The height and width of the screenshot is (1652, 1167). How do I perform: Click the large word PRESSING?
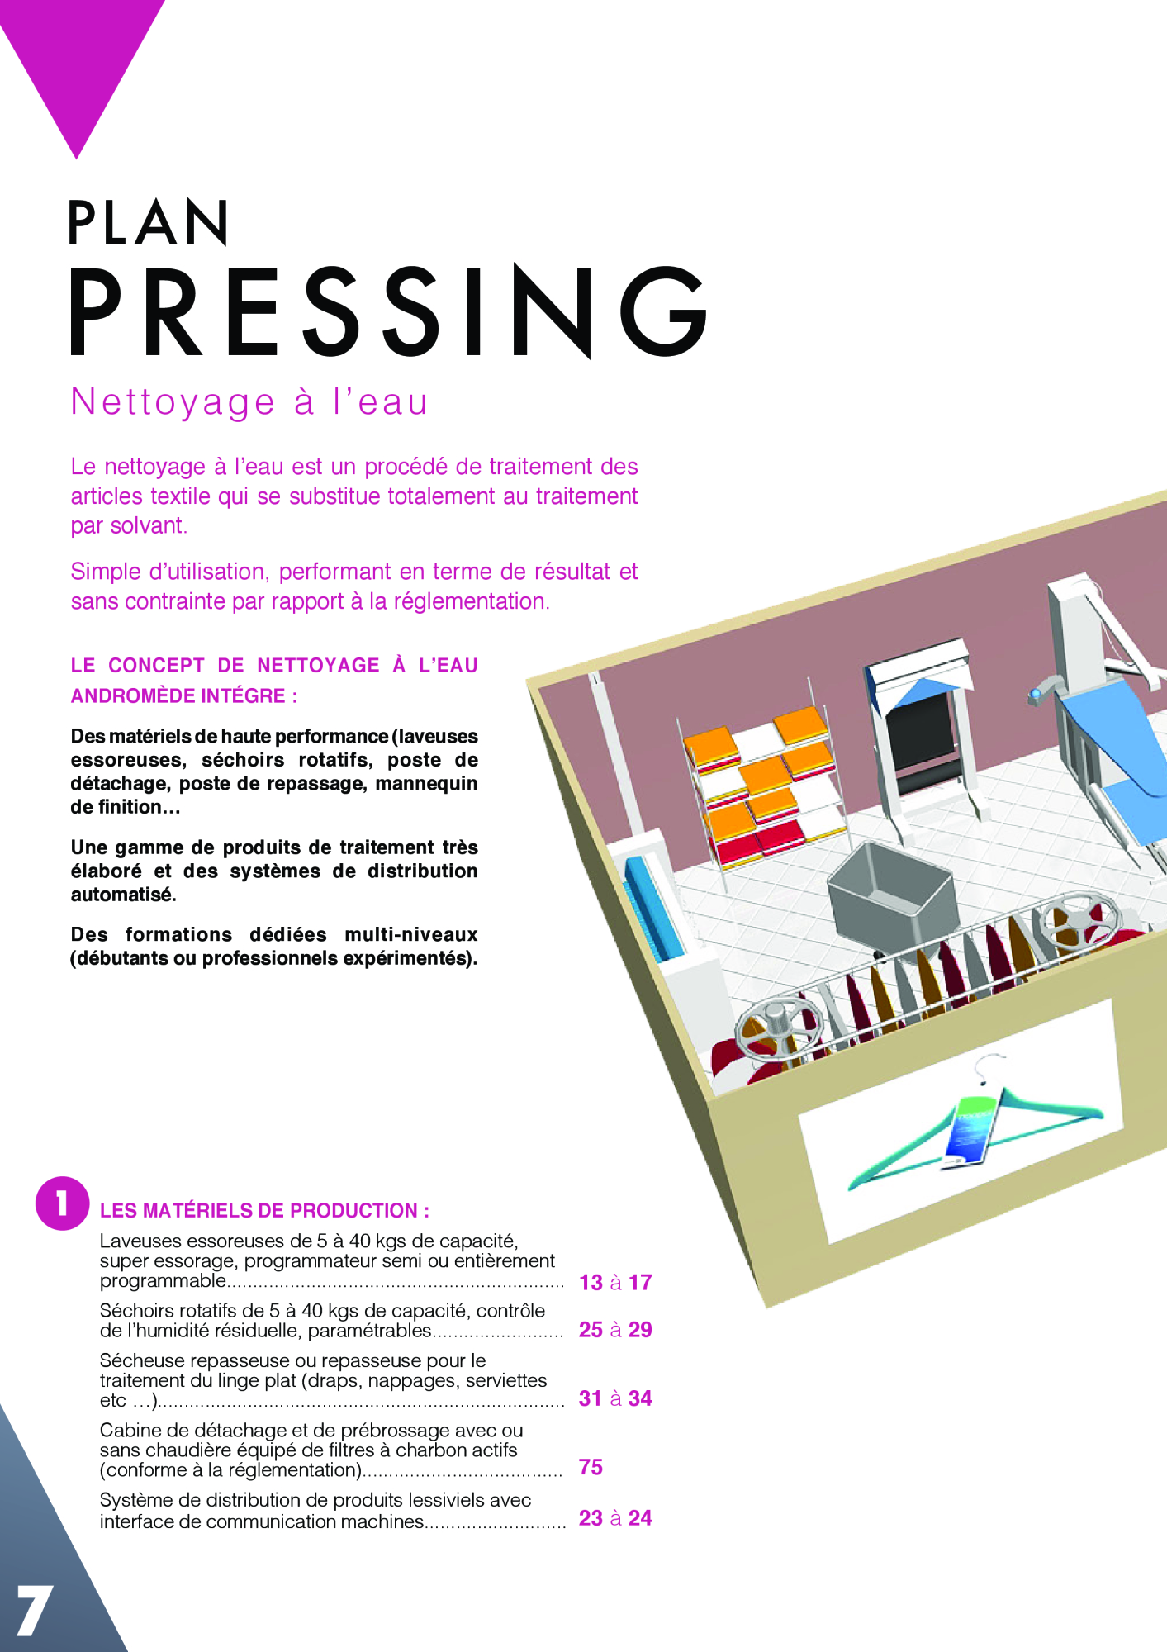(388, 311)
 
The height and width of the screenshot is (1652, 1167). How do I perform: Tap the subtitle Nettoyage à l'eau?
(249, 402)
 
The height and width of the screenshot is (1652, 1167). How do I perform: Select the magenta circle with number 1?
(62, 1203)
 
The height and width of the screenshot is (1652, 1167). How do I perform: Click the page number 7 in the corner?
(35, 1610)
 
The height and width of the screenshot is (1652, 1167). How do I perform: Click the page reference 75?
(591, 1467)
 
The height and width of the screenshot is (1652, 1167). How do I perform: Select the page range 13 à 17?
(615, 1282)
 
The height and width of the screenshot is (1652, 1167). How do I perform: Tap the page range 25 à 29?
(615, 1329)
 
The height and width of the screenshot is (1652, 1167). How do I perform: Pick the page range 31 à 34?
(615, 1398)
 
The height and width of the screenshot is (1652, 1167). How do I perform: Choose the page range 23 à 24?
(615, 1517)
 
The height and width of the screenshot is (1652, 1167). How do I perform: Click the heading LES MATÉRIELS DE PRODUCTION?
(264, 1211)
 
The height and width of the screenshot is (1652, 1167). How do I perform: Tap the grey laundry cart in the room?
(892, 896)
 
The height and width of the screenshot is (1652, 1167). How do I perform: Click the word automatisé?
(123, 895)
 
